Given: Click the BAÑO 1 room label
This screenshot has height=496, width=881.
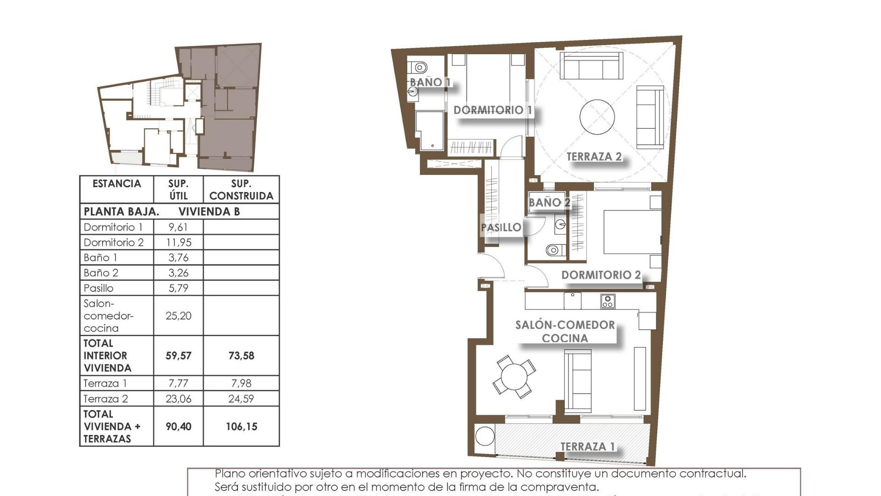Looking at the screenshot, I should click(429, 82).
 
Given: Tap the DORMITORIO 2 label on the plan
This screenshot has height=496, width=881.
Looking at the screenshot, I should click(601, 275).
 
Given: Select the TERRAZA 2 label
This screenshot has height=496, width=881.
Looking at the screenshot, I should click(594, 157).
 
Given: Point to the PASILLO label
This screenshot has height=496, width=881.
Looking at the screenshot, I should click(501, 227).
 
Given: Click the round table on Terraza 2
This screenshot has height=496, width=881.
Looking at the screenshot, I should click(597, 117).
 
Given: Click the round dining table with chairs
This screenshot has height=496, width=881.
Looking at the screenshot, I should click(514, 377).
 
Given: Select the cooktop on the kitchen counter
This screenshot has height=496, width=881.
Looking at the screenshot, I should click(608, 301).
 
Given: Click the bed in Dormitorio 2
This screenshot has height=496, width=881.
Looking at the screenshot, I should click(632, 232).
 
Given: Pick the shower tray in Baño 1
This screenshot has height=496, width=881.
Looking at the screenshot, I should click(429, 130).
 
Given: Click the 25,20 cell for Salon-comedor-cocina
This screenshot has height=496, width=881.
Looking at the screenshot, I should click(178, 316).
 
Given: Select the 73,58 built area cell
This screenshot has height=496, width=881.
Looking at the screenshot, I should click(241, 355).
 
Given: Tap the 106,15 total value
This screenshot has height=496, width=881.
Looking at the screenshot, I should click(241, 427).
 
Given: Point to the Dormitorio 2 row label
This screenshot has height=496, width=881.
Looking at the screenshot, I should click(114, 242).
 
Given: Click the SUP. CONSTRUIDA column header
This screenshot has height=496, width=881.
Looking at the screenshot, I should click(241, 190).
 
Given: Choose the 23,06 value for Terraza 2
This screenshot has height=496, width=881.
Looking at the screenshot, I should click(178, 399).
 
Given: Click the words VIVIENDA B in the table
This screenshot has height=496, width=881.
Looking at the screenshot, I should click(209, 212).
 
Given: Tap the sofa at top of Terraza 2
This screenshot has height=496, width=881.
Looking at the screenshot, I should click(593, 66).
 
